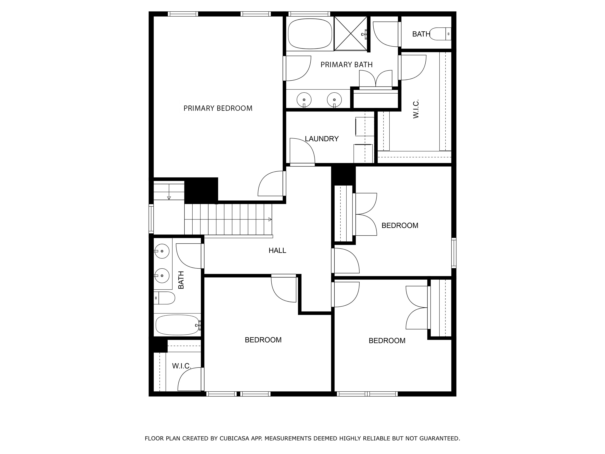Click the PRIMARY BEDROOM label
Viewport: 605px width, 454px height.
click(218, 108)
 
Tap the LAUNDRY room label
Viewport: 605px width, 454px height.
click(322, 139)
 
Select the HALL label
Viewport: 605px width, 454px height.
click(277, 250)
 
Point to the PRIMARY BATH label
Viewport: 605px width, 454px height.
click(347, 65)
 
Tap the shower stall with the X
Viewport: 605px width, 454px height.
click(351, 33)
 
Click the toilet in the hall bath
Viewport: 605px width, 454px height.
click(164, 298)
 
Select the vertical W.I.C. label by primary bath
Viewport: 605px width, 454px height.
click(416, 109)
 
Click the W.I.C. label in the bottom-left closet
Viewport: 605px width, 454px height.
click(181, 366)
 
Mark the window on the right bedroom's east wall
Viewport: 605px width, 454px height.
click(454, 253)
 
